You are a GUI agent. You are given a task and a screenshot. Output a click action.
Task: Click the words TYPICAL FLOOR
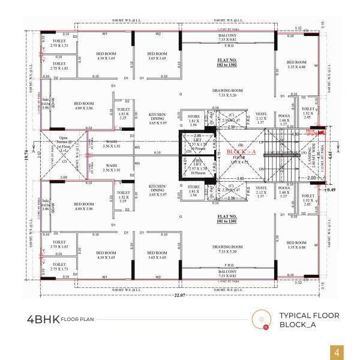click(x=309, y=316)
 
